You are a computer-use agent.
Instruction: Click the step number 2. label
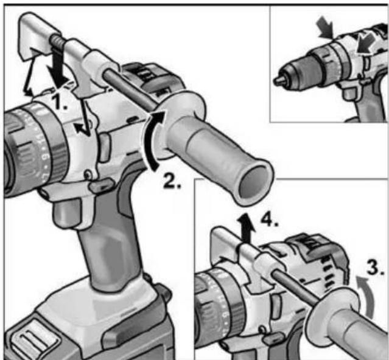172,179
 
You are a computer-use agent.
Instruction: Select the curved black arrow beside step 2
152,139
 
